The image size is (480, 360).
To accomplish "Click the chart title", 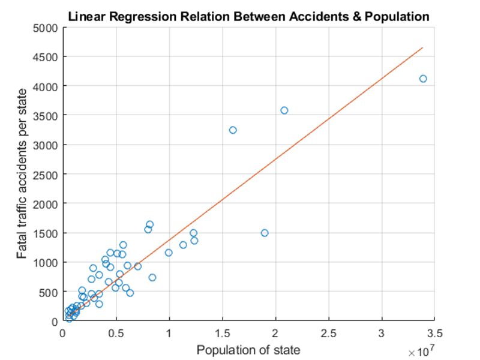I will click(248, 17).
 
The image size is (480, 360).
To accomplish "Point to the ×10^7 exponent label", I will click(420, 353).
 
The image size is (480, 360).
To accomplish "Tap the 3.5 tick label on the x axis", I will click(434, 334).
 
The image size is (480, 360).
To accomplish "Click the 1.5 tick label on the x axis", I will click(222, 334).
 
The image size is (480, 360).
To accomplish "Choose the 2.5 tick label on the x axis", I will click(328, 334).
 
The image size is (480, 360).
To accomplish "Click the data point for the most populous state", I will click(423, 79).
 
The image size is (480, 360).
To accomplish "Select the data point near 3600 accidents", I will click(284, 110).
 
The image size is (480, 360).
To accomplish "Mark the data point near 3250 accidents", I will click(233, 130).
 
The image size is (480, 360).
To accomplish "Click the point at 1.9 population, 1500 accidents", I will click(265, 233).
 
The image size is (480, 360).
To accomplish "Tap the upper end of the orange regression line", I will click(423, 48).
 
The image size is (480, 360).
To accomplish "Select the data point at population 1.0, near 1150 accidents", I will click(169, 253).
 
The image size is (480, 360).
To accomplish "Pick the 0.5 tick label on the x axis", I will click(116, 334).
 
